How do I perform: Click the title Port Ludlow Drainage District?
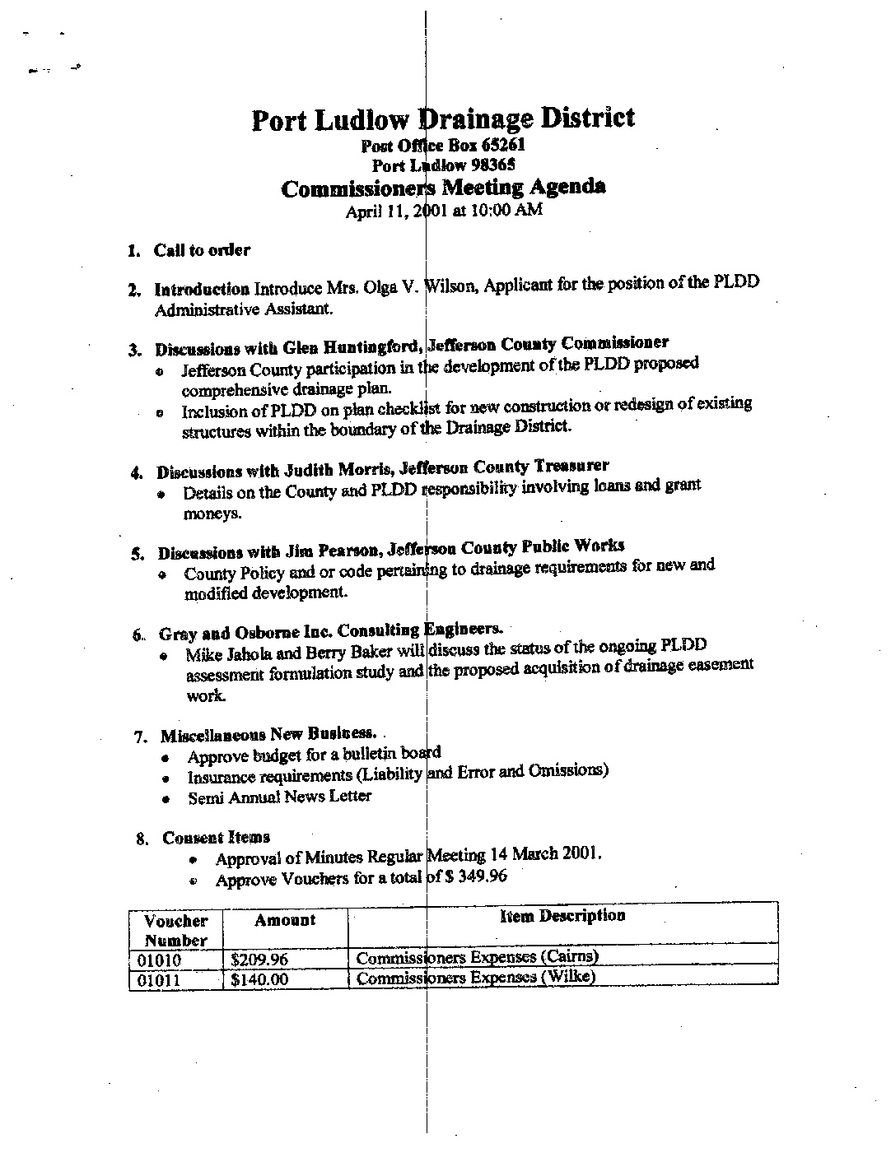(442, 120)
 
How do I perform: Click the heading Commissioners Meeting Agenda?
(443, 188)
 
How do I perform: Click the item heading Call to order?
(202, 250)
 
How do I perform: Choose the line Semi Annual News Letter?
(279, 797)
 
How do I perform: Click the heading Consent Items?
(216, 838)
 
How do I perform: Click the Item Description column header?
(562, 916)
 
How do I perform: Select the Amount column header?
(285, 921)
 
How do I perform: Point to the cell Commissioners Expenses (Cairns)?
(477, 957)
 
